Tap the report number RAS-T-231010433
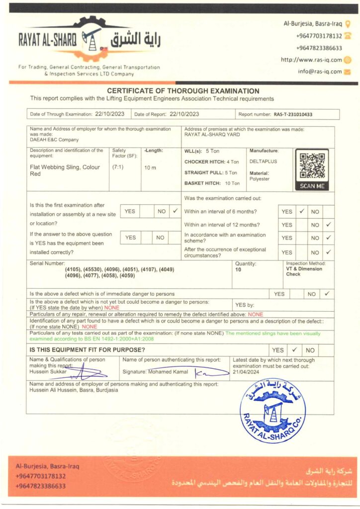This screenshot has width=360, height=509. coord(293,114)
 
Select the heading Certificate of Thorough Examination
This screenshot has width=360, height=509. coord(183,91)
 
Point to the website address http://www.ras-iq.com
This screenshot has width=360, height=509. coord(311,60)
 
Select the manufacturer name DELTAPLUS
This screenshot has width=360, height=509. coord(263,162)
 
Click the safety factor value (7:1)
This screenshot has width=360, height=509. coord(119,167)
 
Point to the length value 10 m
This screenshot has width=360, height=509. coord(150,168)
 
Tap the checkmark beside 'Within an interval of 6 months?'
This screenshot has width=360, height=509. coord(301,211)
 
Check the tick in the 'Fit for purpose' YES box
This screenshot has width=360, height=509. coord(294,350)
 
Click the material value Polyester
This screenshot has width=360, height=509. coord(259,178)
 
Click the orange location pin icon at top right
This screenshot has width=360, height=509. coord(348,23)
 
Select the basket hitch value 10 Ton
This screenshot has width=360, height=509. coord(232,183)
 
